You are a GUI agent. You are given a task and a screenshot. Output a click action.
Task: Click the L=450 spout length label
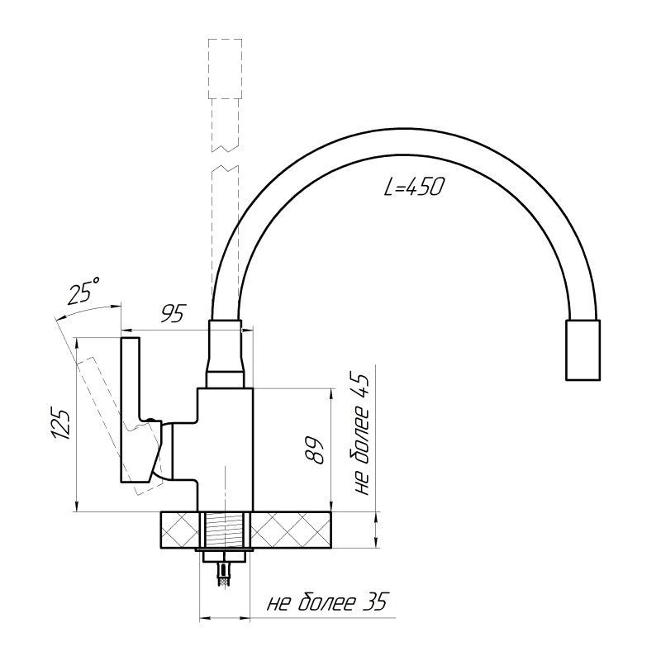click(414, 187)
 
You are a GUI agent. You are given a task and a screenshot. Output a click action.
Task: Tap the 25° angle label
click(84, 291)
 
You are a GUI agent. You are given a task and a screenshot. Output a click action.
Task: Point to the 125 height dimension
click(60, 424)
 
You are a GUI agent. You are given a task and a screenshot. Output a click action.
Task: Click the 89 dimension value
click(315, 449)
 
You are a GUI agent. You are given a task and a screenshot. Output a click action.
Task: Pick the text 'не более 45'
click(359, 435)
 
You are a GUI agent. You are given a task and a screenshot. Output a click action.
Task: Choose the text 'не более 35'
click(326, 602)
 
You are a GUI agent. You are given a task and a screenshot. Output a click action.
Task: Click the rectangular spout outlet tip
click(583, 350)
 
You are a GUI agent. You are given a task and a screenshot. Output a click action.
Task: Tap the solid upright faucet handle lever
click(131, 410)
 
